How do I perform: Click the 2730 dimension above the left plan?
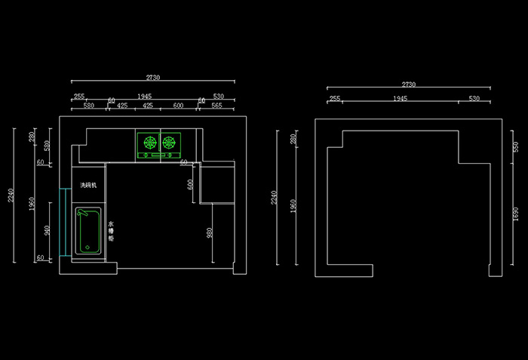click(x=152, y=77)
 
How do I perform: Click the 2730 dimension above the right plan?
click(x=409, y=85)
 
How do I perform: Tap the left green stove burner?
click(x=149, y=142)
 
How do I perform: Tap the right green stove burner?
click(x=169, y=142)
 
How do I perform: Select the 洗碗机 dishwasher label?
click(x=88, y=185)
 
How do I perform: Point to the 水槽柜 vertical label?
click(x=111, y=230)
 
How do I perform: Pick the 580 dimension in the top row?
click(x=89, y=106)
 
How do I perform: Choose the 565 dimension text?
click(x=216, y=106)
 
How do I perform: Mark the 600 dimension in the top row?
click(x=178, y=106)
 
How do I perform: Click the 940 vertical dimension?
click(x=47, y=230)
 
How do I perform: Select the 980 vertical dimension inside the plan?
click(x=209, y=233)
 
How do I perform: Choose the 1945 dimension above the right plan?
click(x=401, y=98)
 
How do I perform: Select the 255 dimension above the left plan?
click(x=78, y=97)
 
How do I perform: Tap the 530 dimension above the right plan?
click(x=474, y=98)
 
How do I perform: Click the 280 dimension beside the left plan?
click(x=32, y=137)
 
